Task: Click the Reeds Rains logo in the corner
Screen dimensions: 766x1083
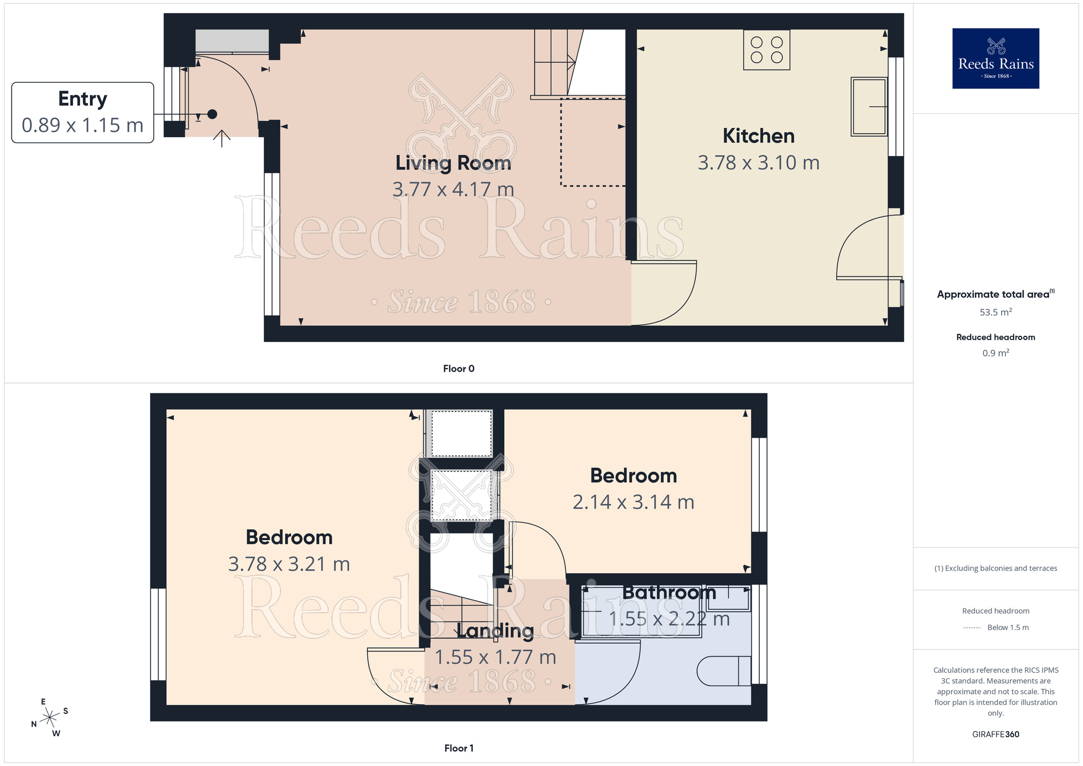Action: (995, 59)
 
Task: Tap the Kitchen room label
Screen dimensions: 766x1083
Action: (758, 136)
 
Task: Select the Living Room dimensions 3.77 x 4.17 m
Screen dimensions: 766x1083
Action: (453, 190)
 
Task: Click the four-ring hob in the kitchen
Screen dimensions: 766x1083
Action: (766, 50)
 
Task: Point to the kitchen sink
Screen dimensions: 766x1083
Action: (869, 107)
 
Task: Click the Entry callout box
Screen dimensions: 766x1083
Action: (82, 113)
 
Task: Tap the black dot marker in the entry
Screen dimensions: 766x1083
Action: (212, 114)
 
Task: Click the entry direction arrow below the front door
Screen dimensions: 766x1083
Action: (221, 138)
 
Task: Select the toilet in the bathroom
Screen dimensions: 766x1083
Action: (723, 671)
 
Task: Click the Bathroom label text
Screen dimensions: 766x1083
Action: (669, 592)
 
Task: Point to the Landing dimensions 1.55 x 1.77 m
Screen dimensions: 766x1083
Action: (495, 657)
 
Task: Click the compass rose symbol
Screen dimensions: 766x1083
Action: (50, 718)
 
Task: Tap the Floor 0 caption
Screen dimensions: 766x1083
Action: (458, 369)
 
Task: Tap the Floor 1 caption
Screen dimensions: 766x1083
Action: (458, 748)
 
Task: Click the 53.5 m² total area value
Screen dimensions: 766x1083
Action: (995, 313)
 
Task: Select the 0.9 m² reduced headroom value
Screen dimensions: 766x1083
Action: (995, 353)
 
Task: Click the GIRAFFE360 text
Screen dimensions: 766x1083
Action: (995, 735)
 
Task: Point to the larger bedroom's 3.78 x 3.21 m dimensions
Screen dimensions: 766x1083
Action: (289, 564)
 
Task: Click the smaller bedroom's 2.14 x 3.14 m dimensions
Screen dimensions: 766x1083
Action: (633, 502)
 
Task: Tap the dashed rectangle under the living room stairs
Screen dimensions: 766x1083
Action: (592, 142)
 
